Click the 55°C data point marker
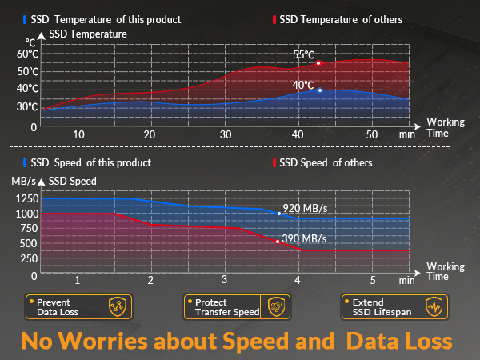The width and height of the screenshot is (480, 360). pyautogui.click(x=318, y=63)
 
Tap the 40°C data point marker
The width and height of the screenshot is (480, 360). pyautogui.click(x=320, y=90)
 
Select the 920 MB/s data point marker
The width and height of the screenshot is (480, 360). pyautogui.click(x=278, y=214)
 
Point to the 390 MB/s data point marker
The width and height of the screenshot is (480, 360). pyautogui.click(x=278, y=242)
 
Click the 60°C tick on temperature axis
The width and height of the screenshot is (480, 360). pyautogui.click(x=27, y=54)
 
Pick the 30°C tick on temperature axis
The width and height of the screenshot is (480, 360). pyautogui.click(x=27, y=106)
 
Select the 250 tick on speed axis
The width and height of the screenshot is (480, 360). pyautogui.click(x=28, y=259)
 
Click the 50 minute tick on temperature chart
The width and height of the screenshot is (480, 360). pyautogui.click(x=371, y=134)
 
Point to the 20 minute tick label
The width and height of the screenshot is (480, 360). pyautogui.click(x=150, y=134)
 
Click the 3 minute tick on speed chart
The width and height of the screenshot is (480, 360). pyautogui.click(x=224, y=280)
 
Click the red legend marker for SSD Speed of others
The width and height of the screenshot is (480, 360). pyautogui.click(x=274, y=163)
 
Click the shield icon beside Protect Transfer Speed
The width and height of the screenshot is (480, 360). pyautogui.click(x=274, y=307)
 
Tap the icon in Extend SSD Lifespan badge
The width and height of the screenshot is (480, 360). pyautogui.click(x=434, y=307)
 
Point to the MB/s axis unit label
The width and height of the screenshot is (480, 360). pyautogui.click(x=23, y=182)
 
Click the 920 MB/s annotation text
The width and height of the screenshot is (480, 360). pyautogui.click(x=306, y=209)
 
